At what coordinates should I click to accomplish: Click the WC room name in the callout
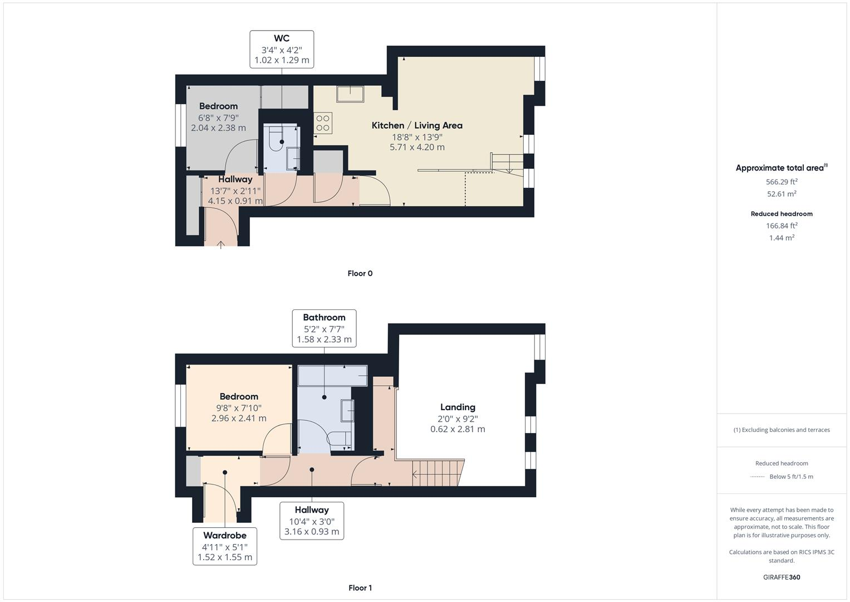click(x=282, y=38)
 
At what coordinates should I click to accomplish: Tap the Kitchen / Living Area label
click(x=417, y=125)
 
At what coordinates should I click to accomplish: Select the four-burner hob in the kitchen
click(x=323, y=123)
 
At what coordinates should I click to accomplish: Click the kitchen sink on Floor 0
click(x=350, y=94)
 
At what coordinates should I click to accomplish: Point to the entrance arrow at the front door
click(x=220, y=244)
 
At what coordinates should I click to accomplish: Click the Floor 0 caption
click(x=360, y=273)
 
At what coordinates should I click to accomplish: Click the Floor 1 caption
click(x=360, y=588)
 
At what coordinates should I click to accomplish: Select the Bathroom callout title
click(x=324, y=317)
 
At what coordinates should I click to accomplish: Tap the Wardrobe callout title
click(x=225, y=535)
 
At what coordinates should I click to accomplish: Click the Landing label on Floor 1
click(x=458, y=407)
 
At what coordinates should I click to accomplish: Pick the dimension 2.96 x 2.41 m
click(x=239, y=418)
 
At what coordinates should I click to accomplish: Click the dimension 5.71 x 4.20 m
click(x=417, y=147)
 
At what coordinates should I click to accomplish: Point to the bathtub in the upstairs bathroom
click(x=332, y=376)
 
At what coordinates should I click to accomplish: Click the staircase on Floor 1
click(x=438, y=473)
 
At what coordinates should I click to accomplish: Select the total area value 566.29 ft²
click(x=782, y=182)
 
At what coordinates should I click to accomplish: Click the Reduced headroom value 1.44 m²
click(x=782, y=238)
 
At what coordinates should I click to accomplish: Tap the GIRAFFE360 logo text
click(x=782, y=577)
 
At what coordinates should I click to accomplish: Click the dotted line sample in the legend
click(x=757, y=477)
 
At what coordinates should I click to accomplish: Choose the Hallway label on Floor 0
click(x=235, y=179)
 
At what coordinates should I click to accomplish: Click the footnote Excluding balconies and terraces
click(x=782, y=430)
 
